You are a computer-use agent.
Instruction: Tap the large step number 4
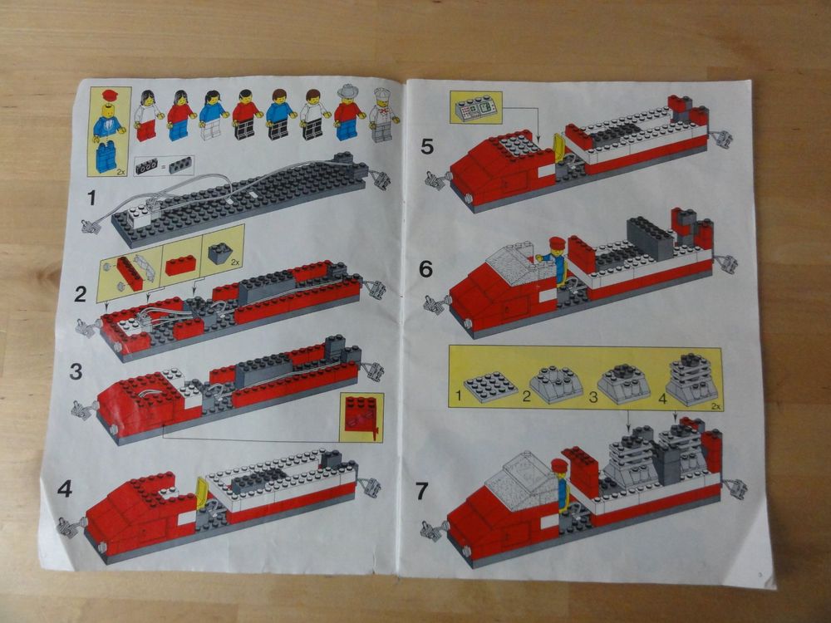pos(65,489)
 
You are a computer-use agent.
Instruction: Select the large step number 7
pos(422,491)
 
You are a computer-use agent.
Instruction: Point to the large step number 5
pos(427,147)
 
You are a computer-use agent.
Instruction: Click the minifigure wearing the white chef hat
pos(381,115)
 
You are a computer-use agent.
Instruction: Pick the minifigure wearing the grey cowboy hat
pos(348,114)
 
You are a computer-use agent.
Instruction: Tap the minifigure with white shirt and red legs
pos(148,115)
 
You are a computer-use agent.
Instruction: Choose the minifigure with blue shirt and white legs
pos(212,115)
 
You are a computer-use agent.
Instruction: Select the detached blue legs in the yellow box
pos(106,156)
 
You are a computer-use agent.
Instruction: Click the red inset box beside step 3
pos(361,417)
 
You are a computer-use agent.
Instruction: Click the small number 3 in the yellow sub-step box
pos(593,398)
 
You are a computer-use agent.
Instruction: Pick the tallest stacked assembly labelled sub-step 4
pos(691,378)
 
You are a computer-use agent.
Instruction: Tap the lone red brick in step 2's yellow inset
pos(180,265)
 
